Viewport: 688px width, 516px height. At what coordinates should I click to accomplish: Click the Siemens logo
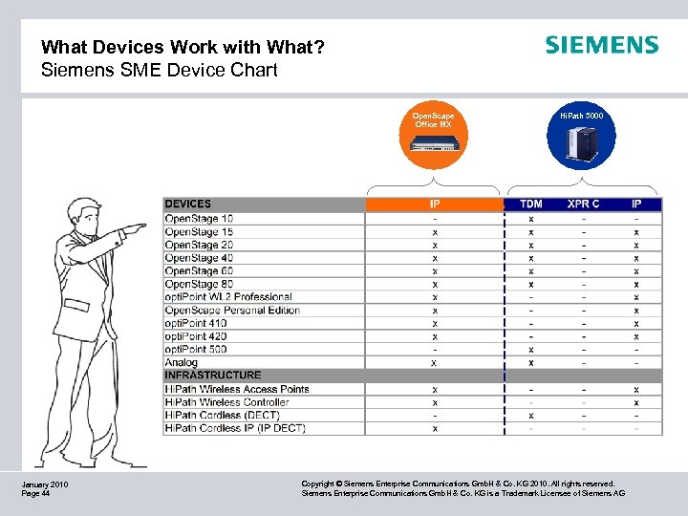coord(601,45)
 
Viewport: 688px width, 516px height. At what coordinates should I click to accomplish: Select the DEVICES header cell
coord(188,204)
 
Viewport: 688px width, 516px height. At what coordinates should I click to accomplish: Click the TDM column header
coord(530,204)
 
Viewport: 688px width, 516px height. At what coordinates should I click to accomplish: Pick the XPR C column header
coord(583,204)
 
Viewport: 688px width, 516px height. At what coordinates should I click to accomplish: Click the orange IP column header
coord(434,204)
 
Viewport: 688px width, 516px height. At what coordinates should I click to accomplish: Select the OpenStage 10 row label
coord(199,219)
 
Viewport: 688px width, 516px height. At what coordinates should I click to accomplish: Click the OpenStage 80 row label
coord(199,284)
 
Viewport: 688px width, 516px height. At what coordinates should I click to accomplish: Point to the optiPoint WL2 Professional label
coord(228,297)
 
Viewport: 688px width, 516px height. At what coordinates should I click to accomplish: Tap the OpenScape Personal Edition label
coord(232,311)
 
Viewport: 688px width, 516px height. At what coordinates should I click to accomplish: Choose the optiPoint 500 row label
coord(196,350)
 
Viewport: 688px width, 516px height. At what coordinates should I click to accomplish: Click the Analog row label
coord(182,362)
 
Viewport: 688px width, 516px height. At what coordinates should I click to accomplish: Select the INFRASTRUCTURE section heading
coord(212,376)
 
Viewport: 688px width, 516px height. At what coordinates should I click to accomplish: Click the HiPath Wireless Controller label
coord(226,402)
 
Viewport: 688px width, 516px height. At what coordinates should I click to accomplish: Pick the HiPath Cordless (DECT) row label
coord(222,416)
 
